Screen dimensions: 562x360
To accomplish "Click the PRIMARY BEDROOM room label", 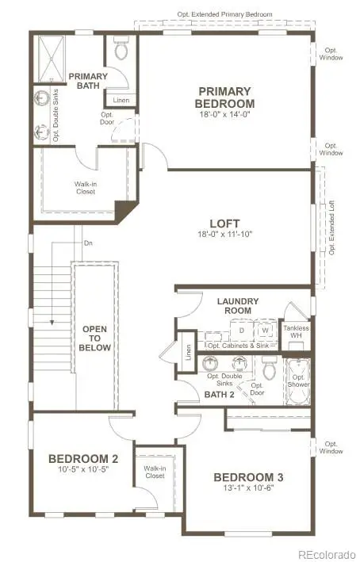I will pos(226,97).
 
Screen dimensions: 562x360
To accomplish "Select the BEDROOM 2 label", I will pos(82,458).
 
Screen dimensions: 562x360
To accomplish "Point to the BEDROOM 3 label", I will pos(248,477).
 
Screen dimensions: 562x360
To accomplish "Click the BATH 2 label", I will pos(220,394).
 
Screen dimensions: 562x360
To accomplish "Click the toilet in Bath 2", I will pos(269,367).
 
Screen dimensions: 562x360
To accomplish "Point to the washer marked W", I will pos(266,330).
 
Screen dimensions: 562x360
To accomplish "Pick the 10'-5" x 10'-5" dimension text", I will pos(82,471).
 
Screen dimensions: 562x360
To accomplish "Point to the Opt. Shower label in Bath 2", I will pos(298,381).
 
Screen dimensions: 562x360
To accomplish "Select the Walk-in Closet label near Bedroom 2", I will pos(154,472).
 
